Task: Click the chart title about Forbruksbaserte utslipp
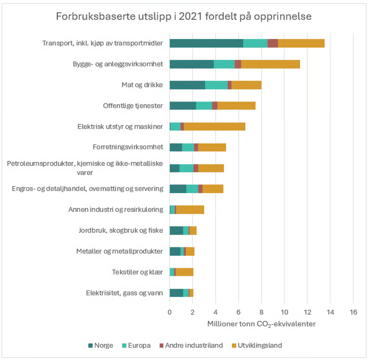[x=184, y=16]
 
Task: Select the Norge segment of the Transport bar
[x=206, y=43]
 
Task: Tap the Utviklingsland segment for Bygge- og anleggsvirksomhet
[x=270, y=64]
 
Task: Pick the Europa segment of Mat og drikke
[x=216, y=85]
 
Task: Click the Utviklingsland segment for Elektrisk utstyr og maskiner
[x=214, y=127]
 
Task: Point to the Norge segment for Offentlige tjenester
[x=183, y=106]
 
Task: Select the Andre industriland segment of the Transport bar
[x=273, y=43]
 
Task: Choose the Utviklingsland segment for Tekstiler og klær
[x=184, y=272]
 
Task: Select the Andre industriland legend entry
[x=188, y=345]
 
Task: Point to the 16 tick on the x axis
[x=353, y=312]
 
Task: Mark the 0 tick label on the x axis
[x=170, y=312]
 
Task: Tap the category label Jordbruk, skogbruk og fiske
[x=119, y=230]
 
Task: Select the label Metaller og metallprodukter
[x=119, y=251]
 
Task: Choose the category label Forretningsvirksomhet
[x=127, y=147]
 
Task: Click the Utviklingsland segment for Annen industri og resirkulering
[x=190, y=210]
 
